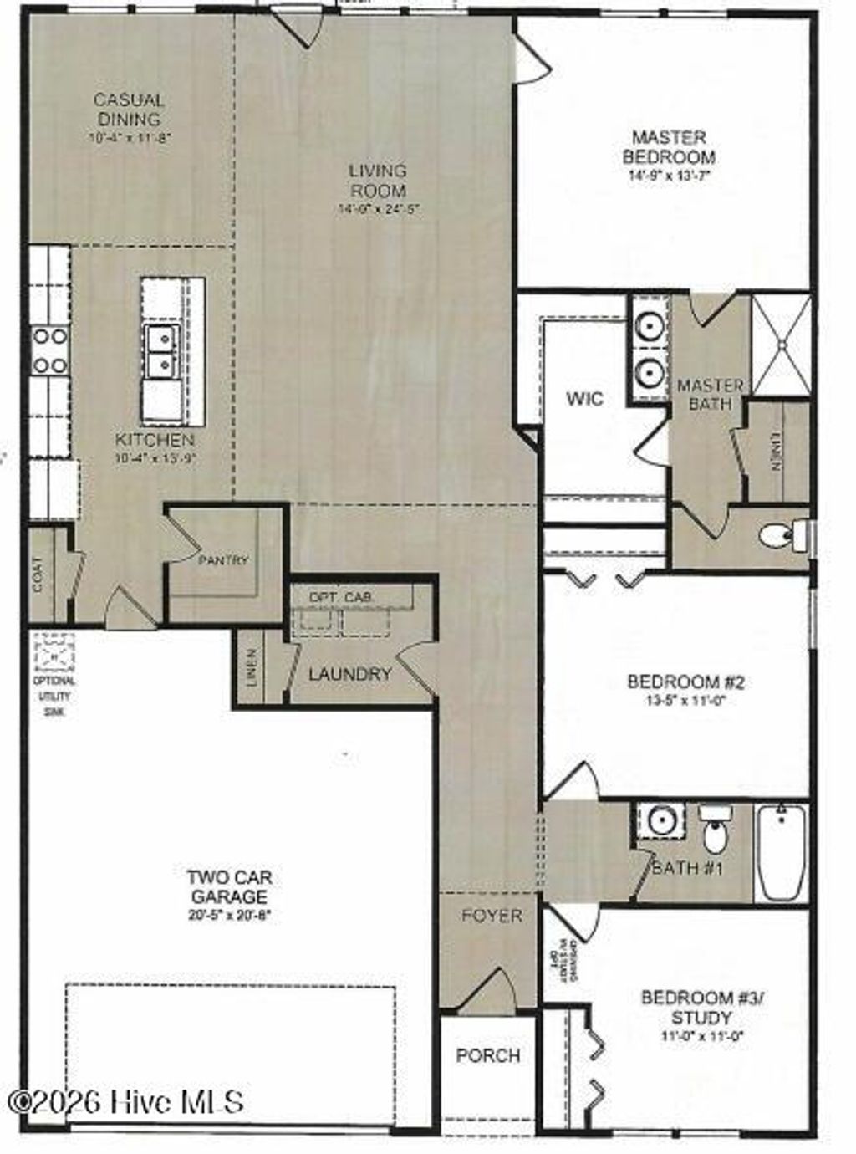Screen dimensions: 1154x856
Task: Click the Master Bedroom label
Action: tap(669, 147)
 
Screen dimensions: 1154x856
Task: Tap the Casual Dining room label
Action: tap(129, 110)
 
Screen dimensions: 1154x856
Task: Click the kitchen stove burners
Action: tap(49, 350)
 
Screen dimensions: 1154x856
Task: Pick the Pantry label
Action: tap(223, 560)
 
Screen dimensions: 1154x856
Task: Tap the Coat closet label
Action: tap(38, 574)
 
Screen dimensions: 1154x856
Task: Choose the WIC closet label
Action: tap(584, 399)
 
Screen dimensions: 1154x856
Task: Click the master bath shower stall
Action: tap(782, 344)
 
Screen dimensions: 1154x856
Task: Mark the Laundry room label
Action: tap(349, 674)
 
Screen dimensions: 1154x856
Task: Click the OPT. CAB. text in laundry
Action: tap(343, 597)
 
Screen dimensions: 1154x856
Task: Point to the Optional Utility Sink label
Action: tap(55, 696)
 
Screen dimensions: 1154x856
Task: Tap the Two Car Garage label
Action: tap(229, 886)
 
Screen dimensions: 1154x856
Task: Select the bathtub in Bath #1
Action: tap(782, 853)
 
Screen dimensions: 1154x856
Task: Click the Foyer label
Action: tap(492, 916)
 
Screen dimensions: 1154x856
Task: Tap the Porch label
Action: tap(488, 1055)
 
